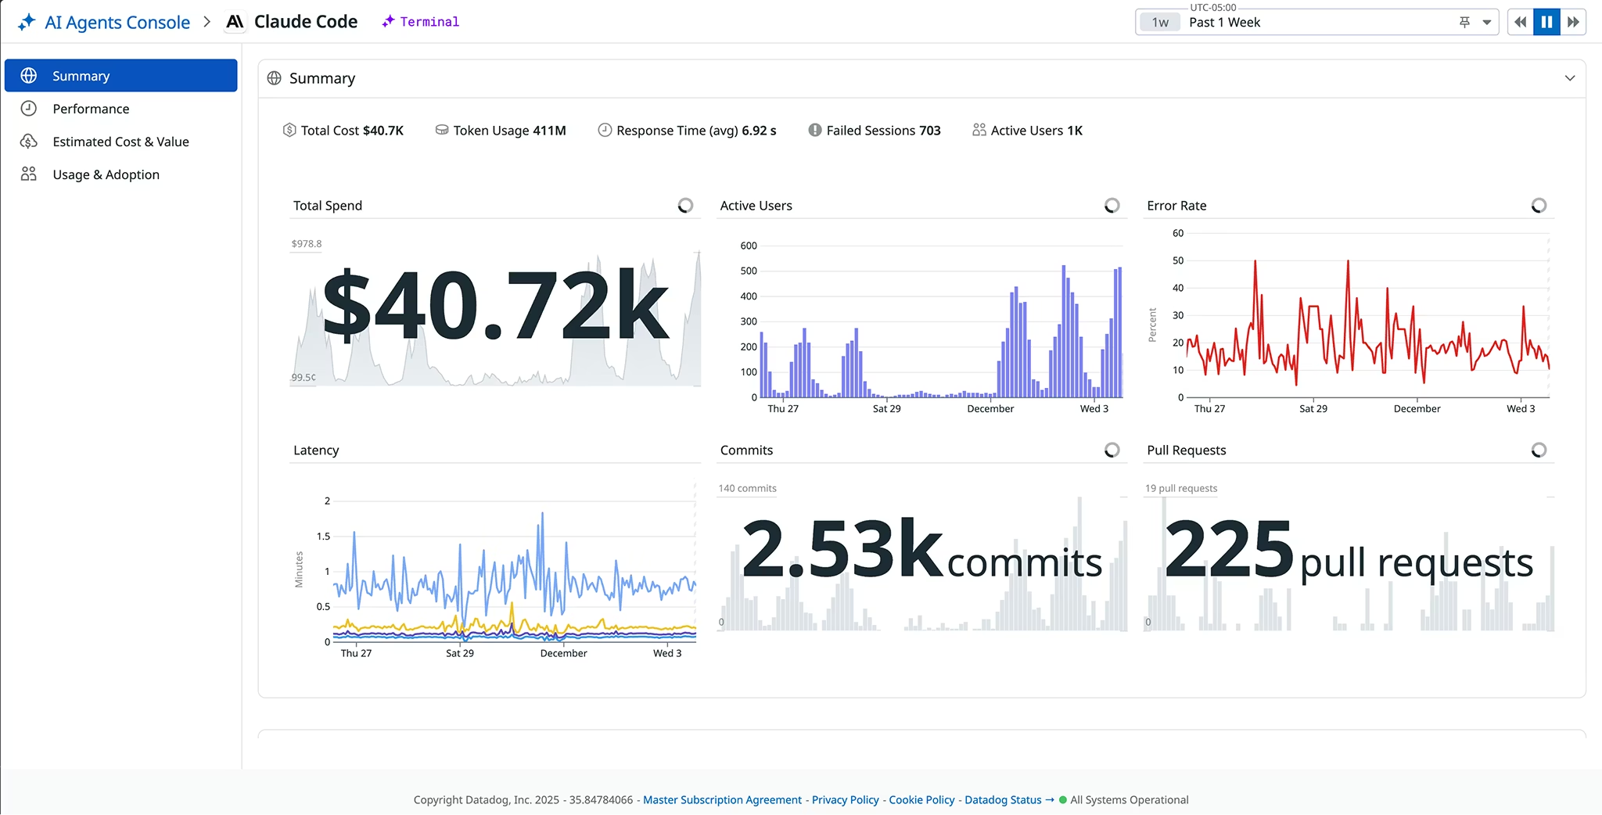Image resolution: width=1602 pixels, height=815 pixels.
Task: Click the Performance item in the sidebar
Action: point(91,109)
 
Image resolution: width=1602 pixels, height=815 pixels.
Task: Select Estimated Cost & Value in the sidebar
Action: point(120,142)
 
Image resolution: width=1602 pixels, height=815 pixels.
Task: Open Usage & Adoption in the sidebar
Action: point(106,174)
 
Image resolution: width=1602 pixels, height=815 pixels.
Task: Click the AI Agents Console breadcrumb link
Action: point(117,22)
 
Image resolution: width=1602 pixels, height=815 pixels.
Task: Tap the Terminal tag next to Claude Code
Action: point(429,22)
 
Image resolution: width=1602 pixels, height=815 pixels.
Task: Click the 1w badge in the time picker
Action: point(1160,23)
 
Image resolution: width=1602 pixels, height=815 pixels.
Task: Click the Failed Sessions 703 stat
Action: point(882,131)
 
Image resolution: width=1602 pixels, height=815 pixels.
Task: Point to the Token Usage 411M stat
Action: point(508,131)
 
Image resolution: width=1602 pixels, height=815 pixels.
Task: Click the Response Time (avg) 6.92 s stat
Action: point(695,131)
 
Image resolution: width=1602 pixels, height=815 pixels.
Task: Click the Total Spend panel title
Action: point(328,206)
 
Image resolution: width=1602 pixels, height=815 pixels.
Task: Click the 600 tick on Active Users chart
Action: point(749,246)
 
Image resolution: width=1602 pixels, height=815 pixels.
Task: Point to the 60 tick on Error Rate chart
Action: point(1178,233)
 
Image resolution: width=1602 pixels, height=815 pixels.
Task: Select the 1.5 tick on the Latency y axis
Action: point(323,537)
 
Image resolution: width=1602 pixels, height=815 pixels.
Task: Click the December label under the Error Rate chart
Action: point(1417,409)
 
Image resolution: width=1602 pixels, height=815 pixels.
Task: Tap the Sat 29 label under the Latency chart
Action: point(460,653)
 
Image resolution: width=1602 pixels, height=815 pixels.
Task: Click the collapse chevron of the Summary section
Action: point(1569,78)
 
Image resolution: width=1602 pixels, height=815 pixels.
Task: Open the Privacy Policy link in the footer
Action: point(845,799)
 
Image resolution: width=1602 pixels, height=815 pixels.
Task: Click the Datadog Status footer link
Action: point(1003,799)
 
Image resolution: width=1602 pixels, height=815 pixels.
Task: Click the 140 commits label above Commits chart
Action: point(748,488)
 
